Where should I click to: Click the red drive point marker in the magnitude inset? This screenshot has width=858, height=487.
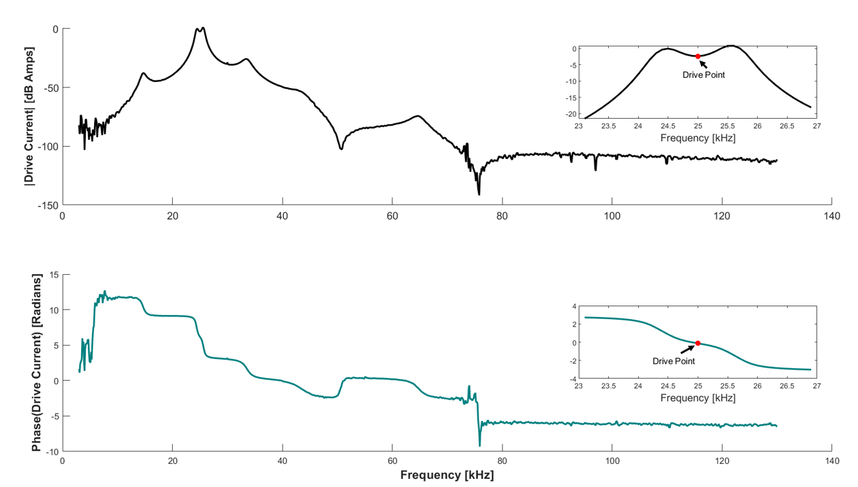(698, 56)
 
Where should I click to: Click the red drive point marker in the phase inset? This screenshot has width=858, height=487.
(698, 343)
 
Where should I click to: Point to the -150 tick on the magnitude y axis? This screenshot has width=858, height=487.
(48, 205)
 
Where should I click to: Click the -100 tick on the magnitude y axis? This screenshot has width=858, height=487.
(48, 146)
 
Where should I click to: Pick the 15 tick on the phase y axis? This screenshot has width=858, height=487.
(53, 275)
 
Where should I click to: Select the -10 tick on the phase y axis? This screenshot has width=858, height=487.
(51, 451)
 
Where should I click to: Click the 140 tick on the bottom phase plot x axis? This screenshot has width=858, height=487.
(831, 460)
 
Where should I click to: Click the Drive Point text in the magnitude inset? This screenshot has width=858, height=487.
(703, 74)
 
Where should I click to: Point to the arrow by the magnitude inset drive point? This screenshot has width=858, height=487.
(703, 63)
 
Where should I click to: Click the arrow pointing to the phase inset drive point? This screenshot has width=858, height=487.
(687, 349)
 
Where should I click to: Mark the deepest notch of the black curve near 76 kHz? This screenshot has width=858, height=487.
(479, 194)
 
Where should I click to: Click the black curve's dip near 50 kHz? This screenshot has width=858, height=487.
(341, 149)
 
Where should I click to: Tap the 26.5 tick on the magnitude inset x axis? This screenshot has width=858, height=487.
(787, 126)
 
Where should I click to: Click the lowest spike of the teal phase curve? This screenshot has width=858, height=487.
(480, 446)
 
